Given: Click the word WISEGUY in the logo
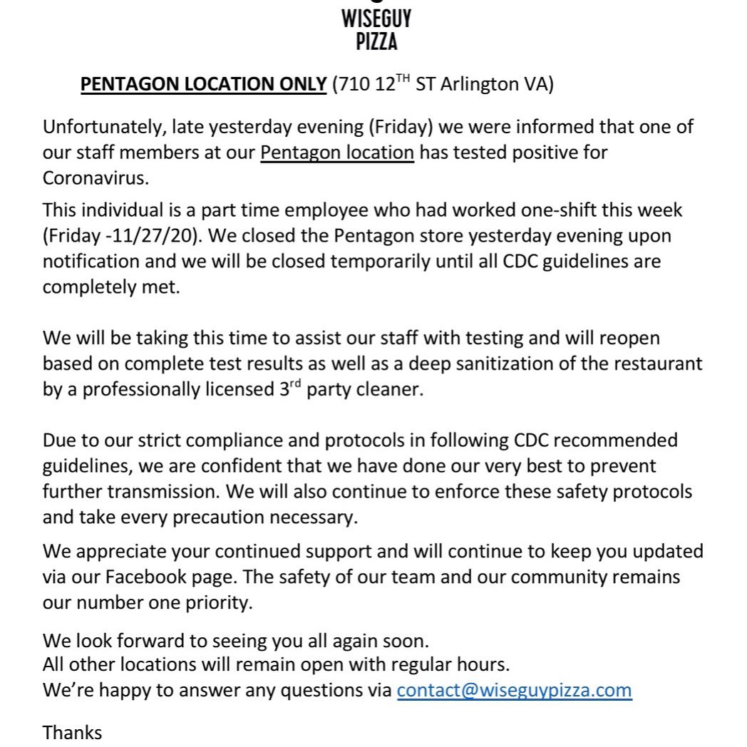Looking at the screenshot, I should [376, 18].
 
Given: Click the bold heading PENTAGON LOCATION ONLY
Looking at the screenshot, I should [203, 84].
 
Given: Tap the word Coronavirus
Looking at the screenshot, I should [96, 177].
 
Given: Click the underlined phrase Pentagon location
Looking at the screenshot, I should [337, 153].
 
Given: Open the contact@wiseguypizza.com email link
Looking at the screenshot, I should [514, 690].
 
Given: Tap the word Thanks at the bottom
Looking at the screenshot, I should [73, 732].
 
